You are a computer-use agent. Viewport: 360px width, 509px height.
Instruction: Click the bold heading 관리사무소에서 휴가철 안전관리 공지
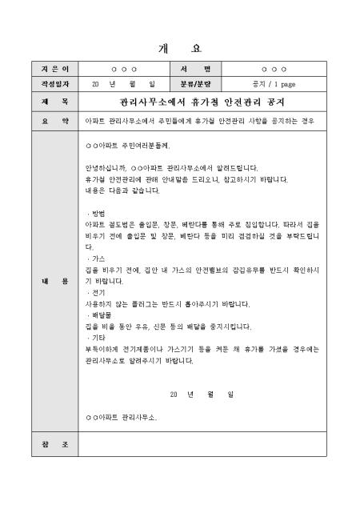click(x=202, y=102)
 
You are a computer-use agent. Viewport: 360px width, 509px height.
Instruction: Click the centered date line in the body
click(x=202, y=395)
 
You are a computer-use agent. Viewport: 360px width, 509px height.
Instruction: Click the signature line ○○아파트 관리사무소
click(x=121, y=417)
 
